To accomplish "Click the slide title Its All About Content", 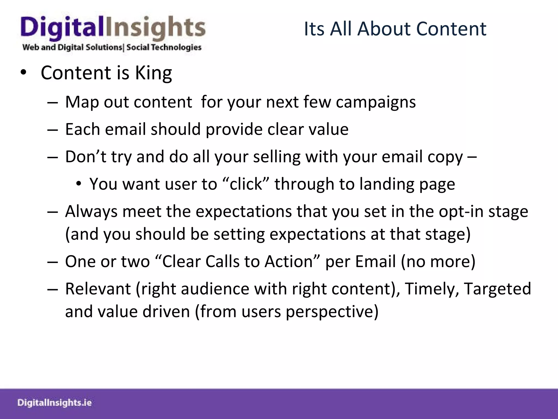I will (395, 29).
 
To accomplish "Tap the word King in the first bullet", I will (153, 73).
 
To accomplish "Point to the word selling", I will (277, 157).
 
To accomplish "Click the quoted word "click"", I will (246, 184).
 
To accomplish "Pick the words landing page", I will (407, 184).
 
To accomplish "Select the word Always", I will (91, 211).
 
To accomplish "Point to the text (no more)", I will (438, 261).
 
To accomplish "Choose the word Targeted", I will (497, 289).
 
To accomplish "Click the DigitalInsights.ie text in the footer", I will (54, 403).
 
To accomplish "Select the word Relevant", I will (98, 289).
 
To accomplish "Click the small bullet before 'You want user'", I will (79, 184).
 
